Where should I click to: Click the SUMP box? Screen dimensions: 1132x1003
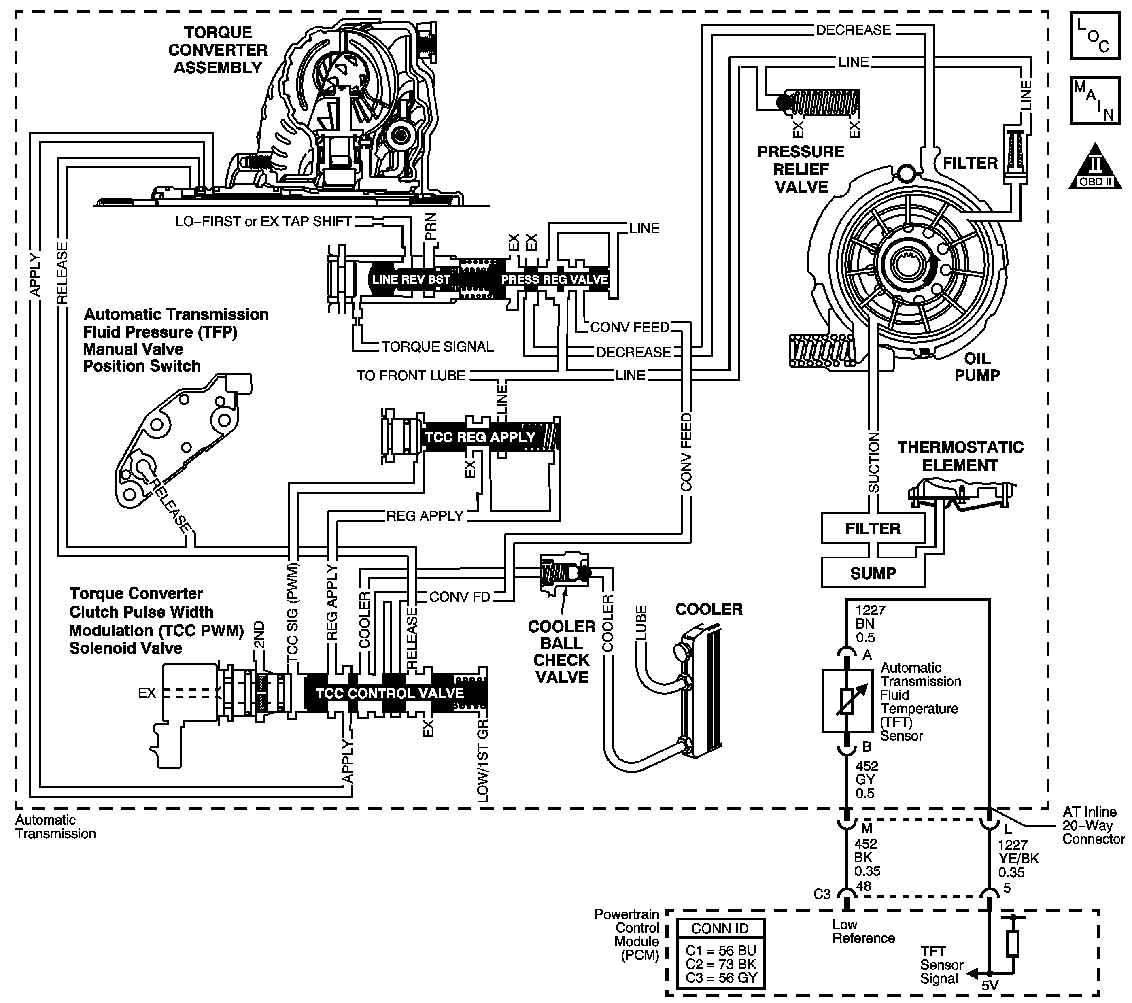click(873, 573)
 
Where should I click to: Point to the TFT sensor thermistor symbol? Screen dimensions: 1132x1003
click(847, 701)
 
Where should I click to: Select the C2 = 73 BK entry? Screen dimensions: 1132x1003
click(720, 964)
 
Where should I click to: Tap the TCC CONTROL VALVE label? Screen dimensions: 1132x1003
click(389, 693)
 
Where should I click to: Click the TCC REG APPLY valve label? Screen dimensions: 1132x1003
click(480, 437)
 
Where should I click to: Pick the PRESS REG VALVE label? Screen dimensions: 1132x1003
click(554, 280)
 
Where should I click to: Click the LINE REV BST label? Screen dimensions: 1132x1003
click(411, 280)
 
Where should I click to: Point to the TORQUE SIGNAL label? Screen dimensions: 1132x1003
click(438, 347)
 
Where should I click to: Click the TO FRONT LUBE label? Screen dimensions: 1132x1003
click(410, 376)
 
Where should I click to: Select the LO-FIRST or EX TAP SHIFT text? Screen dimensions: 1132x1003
click(263, 221)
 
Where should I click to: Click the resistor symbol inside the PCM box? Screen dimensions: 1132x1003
click(1013, 944)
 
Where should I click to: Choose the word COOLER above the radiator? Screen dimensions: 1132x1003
click(709, 609)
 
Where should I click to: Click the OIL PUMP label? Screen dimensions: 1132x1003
click(977, 367)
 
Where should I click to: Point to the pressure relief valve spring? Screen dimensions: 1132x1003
click(826, 103)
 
